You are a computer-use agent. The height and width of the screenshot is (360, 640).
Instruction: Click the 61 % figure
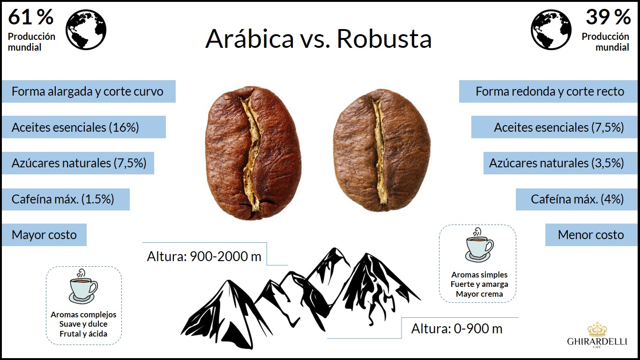click(30, 17)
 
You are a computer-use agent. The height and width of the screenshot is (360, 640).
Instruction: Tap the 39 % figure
click(608, 17)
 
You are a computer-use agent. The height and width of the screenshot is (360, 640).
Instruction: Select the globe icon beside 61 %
click(86, 30)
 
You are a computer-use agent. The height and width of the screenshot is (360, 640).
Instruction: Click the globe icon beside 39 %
click(551, 30)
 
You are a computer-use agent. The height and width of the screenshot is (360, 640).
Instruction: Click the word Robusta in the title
click(384, 39)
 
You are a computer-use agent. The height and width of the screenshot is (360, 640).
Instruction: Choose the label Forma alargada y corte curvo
click(88, 91)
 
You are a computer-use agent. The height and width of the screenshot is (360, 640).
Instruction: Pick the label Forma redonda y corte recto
click(550, 91)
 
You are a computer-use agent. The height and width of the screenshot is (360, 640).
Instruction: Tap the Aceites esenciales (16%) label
click(75, 127)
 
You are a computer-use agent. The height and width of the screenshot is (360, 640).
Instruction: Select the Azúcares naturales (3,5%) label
click(556, 163)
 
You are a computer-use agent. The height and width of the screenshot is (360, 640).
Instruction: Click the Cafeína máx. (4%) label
click(577, 199)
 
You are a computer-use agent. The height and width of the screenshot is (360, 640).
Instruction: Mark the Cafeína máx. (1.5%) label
click(63, 199)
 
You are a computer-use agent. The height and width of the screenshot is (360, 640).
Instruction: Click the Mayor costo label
click(44, 235)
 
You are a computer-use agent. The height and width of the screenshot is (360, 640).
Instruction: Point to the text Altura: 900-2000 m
click(204, 257)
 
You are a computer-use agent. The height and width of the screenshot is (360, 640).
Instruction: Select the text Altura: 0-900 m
click(456, 329)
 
